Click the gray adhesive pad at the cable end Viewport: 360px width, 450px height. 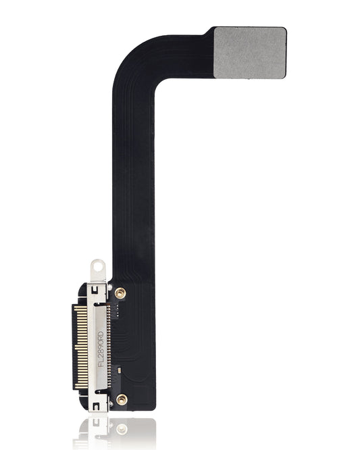(250, 52)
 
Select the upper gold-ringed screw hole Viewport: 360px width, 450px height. (120, 293)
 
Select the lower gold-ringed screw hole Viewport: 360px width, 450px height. (121, 399)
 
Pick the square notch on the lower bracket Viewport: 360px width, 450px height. (97, 405)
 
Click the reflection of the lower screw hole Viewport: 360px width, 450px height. (121, 428)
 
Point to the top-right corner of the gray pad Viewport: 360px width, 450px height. (284, 29)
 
